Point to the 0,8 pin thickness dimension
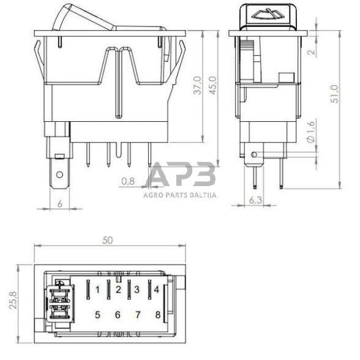[128, 181]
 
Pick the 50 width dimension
[108, 241]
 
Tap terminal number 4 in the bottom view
[157, 288]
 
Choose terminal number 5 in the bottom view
[97, 315]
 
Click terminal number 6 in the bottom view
[118, 315]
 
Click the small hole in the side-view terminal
[254, 155]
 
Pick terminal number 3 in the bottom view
[137, 288]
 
